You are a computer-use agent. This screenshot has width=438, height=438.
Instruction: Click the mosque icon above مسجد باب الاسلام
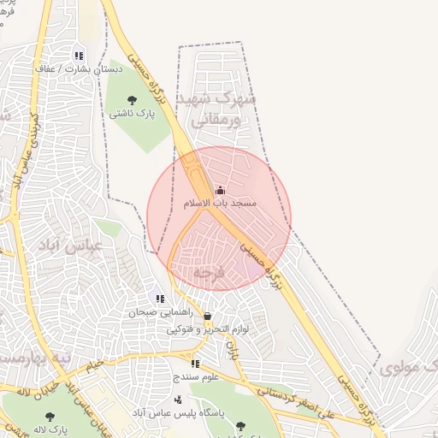point(220,190)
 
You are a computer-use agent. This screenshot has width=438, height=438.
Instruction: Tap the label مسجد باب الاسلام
point(220,204)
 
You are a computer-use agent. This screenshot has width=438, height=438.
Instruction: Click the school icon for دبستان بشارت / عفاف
point(79,56)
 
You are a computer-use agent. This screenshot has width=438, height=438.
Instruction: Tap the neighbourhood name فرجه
point(207,272)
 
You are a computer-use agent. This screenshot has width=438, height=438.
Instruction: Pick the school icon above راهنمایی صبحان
point(159,299)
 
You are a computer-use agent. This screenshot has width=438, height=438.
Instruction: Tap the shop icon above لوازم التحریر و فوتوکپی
point(207,316)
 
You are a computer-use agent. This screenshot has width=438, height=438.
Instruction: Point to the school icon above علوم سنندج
point(195,364)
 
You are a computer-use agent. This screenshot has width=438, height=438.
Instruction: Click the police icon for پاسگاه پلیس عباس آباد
point(178,400)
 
